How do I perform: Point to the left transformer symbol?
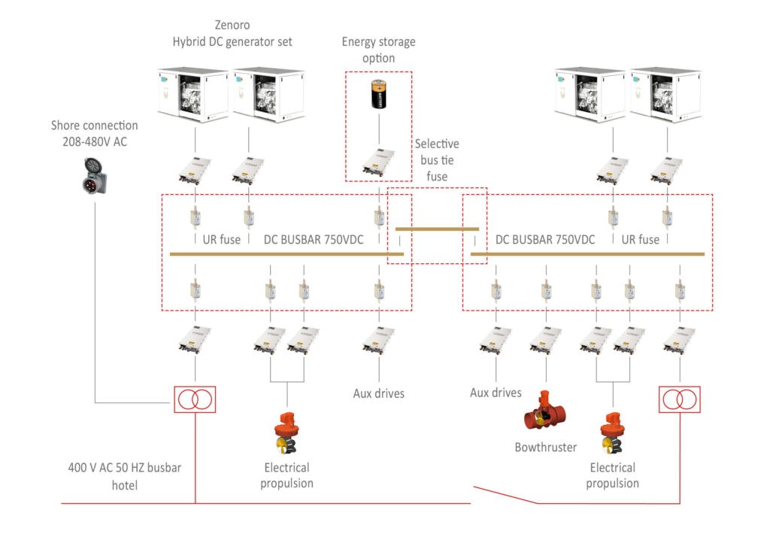click(195, 399)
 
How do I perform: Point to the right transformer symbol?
click(679, 399)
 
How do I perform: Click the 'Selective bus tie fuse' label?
click(437, 160)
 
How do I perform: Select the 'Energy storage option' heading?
click(378, 50)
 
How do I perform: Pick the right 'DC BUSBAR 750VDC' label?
click(545, 240)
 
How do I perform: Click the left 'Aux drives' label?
click(378, 393)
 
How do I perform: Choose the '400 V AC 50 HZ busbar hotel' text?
click(124, 475)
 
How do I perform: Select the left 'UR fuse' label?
click(222, 240)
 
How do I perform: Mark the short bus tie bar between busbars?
click(437, 228)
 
